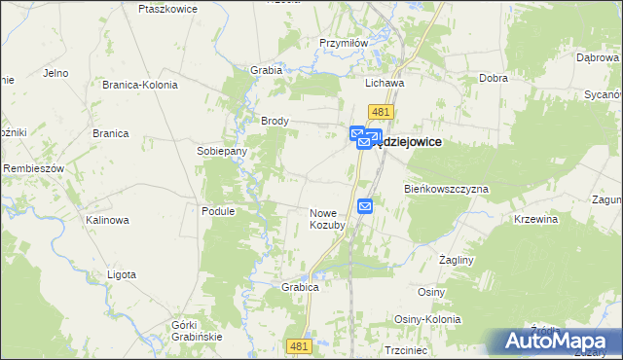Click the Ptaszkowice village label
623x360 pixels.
coord(168,8)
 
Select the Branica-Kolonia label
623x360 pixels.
coord(140,85)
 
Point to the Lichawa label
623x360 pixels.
coord(385,84)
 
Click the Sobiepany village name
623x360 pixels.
coord(222,152)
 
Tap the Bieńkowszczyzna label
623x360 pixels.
coord(446,188)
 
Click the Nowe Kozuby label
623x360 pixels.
coord(328,219)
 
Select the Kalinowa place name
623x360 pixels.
coord(107,220)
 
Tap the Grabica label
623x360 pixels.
coord(301,288)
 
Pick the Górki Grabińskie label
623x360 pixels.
coord(197,330)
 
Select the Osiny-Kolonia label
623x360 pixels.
coord(427,319)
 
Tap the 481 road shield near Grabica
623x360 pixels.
coord(301,345)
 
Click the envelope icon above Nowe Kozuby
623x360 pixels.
coord(365,205)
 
